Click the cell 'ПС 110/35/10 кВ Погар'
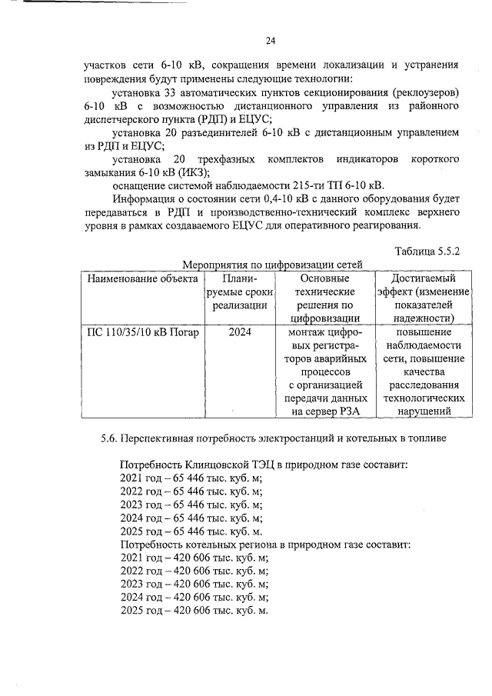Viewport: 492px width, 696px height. click(142, 333)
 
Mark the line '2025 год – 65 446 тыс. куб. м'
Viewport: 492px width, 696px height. click(192, 531)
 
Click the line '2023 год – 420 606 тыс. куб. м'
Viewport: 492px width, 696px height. click(194, 584)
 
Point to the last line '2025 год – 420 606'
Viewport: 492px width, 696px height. click(194, 611)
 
